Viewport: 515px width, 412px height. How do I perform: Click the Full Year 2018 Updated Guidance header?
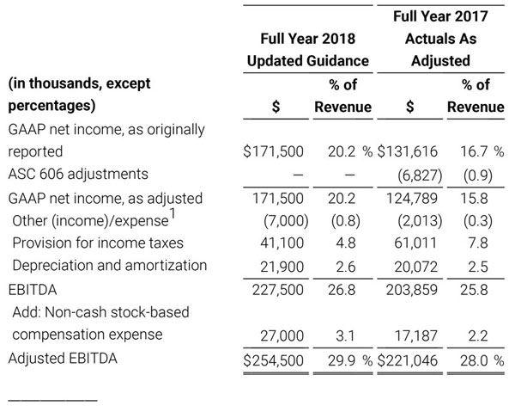point(308,50)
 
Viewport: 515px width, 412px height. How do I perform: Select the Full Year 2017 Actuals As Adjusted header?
point(440,39)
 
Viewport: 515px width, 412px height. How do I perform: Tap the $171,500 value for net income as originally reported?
point(274,151)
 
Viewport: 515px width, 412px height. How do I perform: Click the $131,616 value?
point(409,151)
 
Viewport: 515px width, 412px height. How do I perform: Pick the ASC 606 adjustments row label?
point(77,174)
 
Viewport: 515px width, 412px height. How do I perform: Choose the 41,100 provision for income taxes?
point(282,243)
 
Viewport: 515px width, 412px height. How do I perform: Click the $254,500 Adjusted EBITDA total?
point(274,357)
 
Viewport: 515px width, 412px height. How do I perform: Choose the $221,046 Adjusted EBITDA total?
point(409,357)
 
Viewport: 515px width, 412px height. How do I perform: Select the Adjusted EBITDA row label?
point(62,356)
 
